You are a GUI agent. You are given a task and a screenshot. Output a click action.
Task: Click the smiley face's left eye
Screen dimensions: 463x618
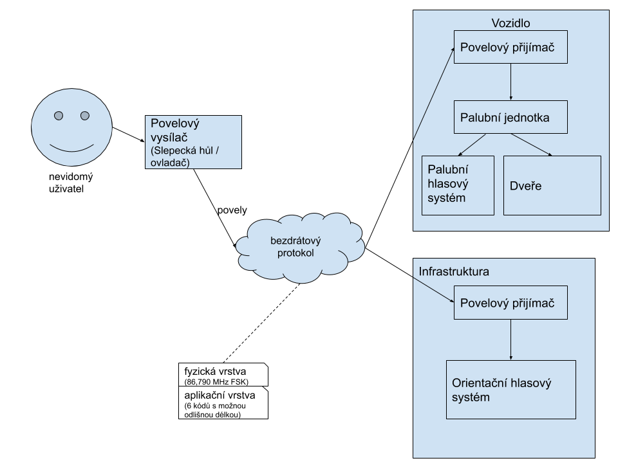59,116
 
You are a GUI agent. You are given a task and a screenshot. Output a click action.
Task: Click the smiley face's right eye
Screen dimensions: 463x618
84,116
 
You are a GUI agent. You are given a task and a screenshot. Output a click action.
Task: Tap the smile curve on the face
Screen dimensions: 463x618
71,150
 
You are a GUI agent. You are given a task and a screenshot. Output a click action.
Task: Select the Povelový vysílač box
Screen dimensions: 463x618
194,142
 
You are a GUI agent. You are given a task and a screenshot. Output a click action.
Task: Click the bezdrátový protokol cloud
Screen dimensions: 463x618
300,247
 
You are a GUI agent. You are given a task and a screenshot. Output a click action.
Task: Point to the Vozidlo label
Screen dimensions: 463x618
510,23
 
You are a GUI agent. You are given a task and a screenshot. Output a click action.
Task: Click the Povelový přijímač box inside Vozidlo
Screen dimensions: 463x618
510,47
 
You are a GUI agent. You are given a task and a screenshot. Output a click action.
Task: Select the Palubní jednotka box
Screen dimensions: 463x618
510,117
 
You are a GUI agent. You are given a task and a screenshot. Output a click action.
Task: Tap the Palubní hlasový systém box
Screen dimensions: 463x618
458,185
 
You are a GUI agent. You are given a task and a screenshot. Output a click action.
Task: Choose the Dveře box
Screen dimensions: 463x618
552,185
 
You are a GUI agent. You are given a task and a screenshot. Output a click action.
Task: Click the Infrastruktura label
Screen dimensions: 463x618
454,271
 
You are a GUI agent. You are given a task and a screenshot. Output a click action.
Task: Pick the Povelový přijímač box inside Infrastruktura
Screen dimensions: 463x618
510,303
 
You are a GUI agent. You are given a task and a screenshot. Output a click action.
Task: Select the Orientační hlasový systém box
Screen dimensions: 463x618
510,390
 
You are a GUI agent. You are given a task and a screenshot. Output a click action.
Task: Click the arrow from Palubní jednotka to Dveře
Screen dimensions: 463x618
532,145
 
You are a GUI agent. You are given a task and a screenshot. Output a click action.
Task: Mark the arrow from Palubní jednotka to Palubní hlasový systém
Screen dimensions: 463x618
473,145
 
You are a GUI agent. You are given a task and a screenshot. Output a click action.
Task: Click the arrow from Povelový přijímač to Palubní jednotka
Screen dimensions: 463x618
510,82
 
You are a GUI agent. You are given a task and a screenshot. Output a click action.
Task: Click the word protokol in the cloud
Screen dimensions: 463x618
295,253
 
